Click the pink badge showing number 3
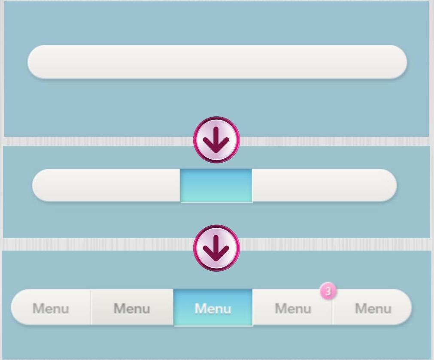click(328, 291)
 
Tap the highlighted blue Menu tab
click(213, 308)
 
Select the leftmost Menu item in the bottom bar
click(51, 308)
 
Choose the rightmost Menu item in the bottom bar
click(373, 308)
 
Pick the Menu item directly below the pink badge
click(293, 308)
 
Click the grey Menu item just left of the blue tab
click(132, 308)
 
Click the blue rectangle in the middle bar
click(216, 185)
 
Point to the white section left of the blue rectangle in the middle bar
click(107, 185)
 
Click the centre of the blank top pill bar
click(217, 62)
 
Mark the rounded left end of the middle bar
click(41, 185)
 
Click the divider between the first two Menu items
click(91, 307)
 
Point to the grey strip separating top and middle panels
click(107, 141)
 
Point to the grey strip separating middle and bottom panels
click(107, 244)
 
